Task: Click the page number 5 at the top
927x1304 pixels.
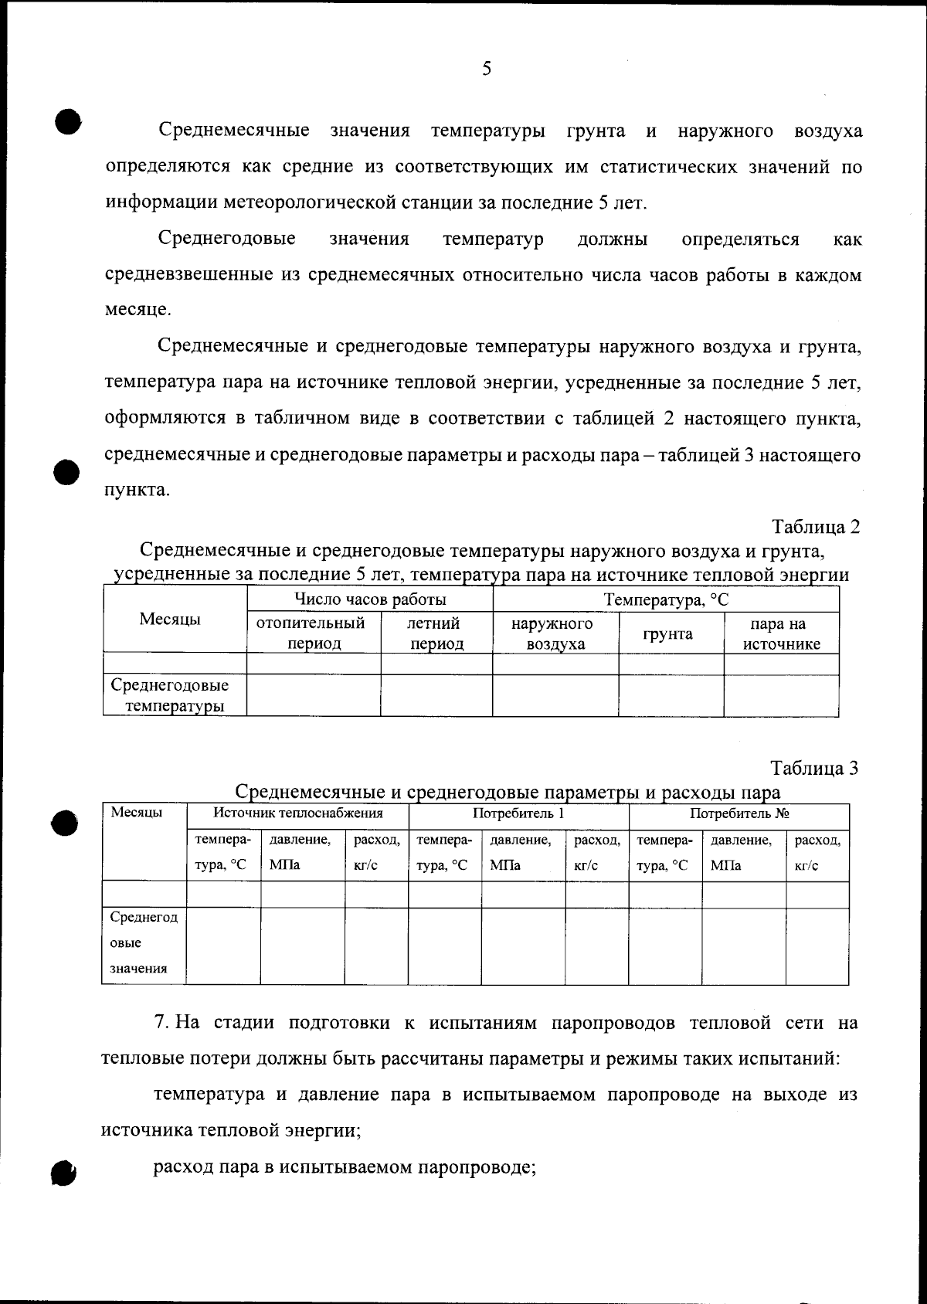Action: click(x=486, y=70)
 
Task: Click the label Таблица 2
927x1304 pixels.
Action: click(x=816, y=527)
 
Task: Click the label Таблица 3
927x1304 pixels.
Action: click(x=814, y=768)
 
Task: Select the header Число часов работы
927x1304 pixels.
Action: click(x=370, y=599)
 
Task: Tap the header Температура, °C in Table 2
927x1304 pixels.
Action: click(x=666, y=599)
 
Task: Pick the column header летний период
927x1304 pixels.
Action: click(x=436, y=633)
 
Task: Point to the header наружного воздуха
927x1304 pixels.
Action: click(x=555, y=633)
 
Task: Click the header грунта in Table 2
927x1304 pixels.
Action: click(x=670, y=634)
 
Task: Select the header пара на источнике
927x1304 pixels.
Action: click(x=780, y=633)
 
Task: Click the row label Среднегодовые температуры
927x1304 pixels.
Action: click(x=170, y=695)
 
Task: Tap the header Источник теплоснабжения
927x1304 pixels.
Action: click(x=298, y=813)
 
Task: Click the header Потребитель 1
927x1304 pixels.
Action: click(x=518, y=813)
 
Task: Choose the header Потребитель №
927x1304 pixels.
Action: click(x=739, y=813)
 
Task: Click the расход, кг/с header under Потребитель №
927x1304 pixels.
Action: click(x=817, y=853)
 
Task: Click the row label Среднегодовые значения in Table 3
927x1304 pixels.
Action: click(x=144, y=943)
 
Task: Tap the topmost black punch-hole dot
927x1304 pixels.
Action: click(x=68, y=121)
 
